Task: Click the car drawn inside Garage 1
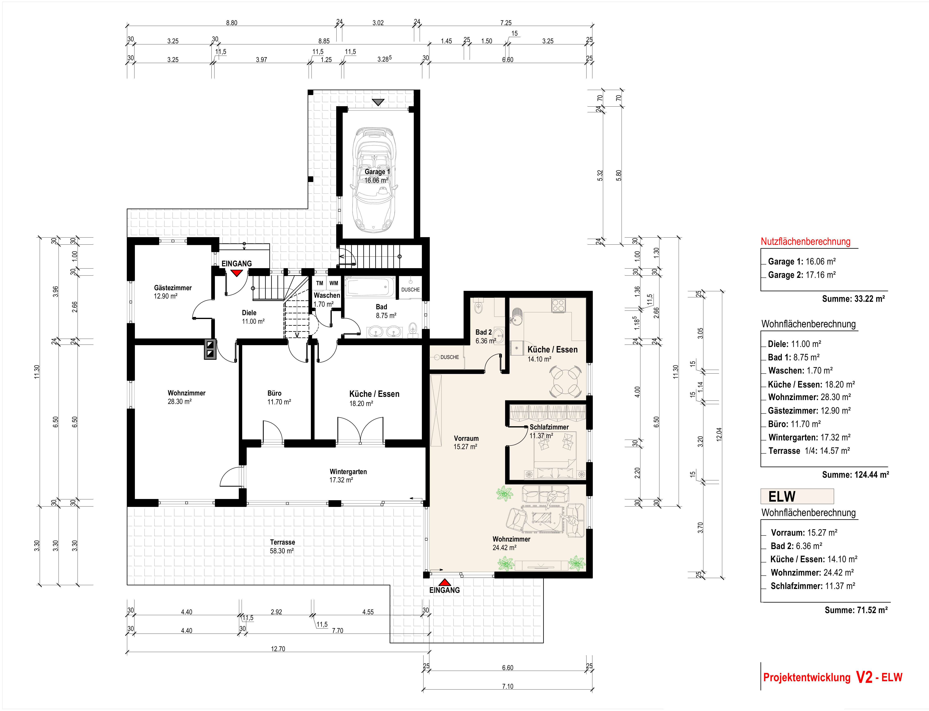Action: click(x=375, y=180)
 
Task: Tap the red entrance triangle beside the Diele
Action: click(x=236, y=273)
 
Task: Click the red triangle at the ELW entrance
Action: click(x=444, y=582)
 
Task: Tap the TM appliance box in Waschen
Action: click(x=320, y=283)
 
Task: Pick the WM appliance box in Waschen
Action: click(x=334, y=283)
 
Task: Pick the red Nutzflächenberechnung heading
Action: click(x=805, y=242)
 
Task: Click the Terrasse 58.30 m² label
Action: click(x=282, y=546)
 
